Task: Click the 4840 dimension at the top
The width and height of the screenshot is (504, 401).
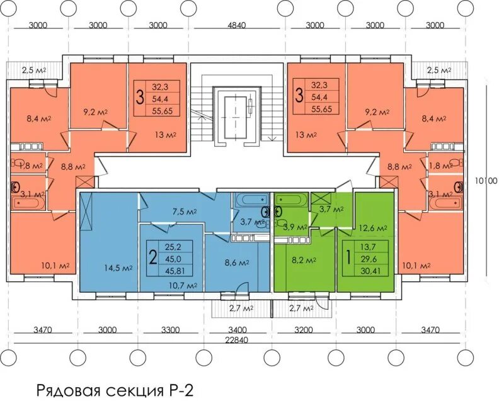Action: point(237,25)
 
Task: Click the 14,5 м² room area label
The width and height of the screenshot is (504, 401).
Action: point(118,268)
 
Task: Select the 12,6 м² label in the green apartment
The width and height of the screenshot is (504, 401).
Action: point(372,228)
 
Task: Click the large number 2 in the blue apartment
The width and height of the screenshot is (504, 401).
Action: point(153,257)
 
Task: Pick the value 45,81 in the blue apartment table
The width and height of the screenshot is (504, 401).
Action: point(175,271)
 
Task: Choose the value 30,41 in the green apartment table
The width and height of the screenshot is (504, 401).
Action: point(370,271)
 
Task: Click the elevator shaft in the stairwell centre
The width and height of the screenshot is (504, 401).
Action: point(236,116)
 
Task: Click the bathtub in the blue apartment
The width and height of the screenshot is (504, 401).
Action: point(251,200)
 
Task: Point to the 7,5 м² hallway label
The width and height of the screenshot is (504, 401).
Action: point(184,212)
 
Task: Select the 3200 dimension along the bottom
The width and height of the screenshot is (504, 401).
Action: point(304,330)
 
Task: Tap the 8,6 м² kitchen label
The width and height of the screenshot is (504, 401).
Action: point(237,263)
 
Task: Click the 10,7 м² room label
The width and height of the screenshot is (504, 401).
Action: point(183,285)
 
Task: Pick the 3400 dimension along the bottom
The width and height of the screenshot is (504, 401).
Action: point(238,330)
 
